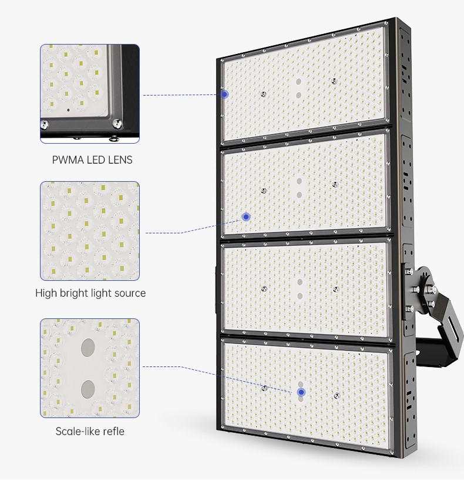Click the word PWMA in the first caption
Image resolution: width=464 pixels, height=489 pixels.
click(x=66, y=159)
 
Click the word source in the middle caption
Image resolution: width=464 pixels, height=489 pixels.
click(x=129, y=293)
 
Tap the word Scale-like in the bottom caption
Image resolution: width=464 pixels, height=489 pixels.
click(x=75, y=432)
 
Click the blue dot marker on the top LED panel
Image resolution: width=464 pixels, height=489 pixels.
click(x=224, y=94)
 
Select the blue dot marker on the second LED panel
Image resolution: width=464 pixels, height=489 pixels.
click(x=246, y=216)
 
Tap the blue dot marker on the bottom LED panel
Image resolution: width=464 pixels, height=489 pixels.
click(x=301, y=392)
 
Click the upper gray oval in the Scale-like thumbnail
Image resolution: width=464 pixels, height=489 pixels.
click(x=89, y=346)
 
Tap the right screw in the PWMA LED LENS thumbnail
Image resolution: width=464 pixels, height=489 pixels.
click(x=117, y=123)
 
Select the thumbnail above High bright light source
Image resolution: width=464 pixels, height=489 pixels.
click(x=90, y=230)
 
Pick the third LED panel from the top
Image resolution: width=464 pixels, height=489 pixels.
click(x=305, y=288)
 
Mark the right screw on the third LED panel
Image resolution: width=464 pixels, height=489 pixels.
click(x=335, y=288)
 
